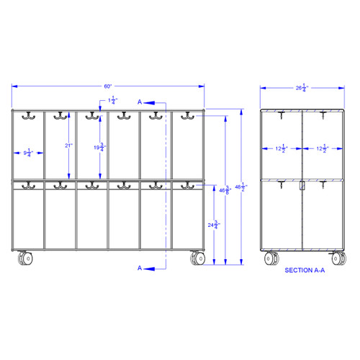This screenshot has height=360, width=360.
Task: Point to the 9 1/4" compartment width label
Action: [x=28, y=152]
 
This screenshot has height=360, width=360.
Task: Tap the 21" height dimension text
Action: [x=68, y=145]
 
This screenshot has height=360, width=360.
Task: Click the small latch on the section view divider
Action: [x=302, y=186]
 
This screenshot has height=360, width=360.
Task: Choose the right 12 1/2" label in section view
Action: [x=320, y=149]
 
